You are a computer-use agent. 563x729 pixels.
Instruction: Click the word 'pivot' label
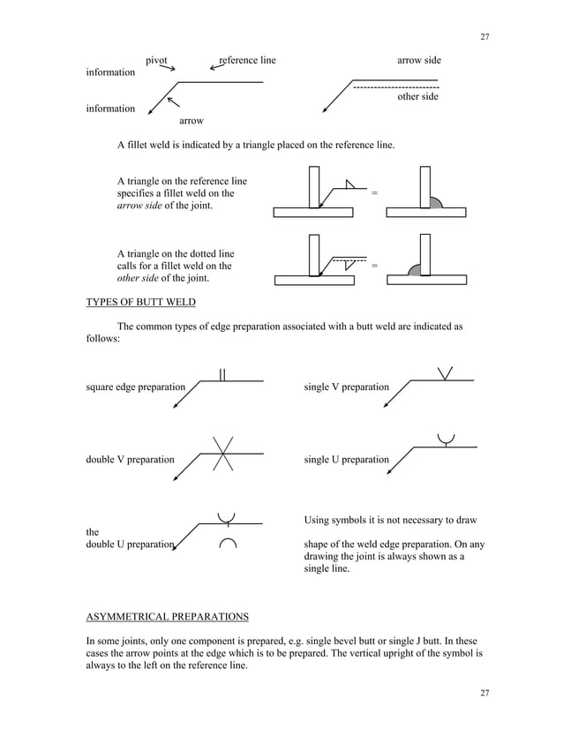point(156,60)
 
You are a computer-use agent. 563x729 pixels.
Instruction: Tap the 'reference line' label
point(248,60)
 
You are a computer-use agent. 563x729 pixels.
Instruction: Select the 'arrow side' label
point(418,60)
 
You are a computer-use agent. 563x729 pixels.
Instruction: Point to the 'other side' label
point(417,97)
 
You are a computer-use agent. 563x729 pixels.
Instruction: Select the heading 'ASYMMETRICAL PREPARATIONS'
point(167,615)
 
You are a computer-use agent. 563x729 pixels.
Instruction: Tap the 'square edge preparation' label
point(136,387)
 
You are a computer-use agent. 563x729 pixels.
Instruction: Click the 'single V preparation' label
point(346,387)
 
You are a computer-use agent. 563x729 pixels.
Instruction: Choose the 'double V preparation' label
point(130,460)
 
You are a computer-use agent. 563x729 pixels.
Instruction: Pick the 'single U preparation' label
point(346,460)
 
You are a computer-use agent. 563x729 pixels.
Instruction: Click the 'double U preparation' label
point(130,545)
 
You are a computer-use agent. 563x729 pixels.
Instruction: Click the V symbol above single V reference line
point(446,373)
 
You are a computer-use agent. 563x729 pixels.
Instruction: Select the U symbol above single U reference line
point(447,439)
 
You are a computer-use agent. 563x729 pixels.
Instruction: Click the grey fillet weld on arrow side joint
point(436,202)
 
